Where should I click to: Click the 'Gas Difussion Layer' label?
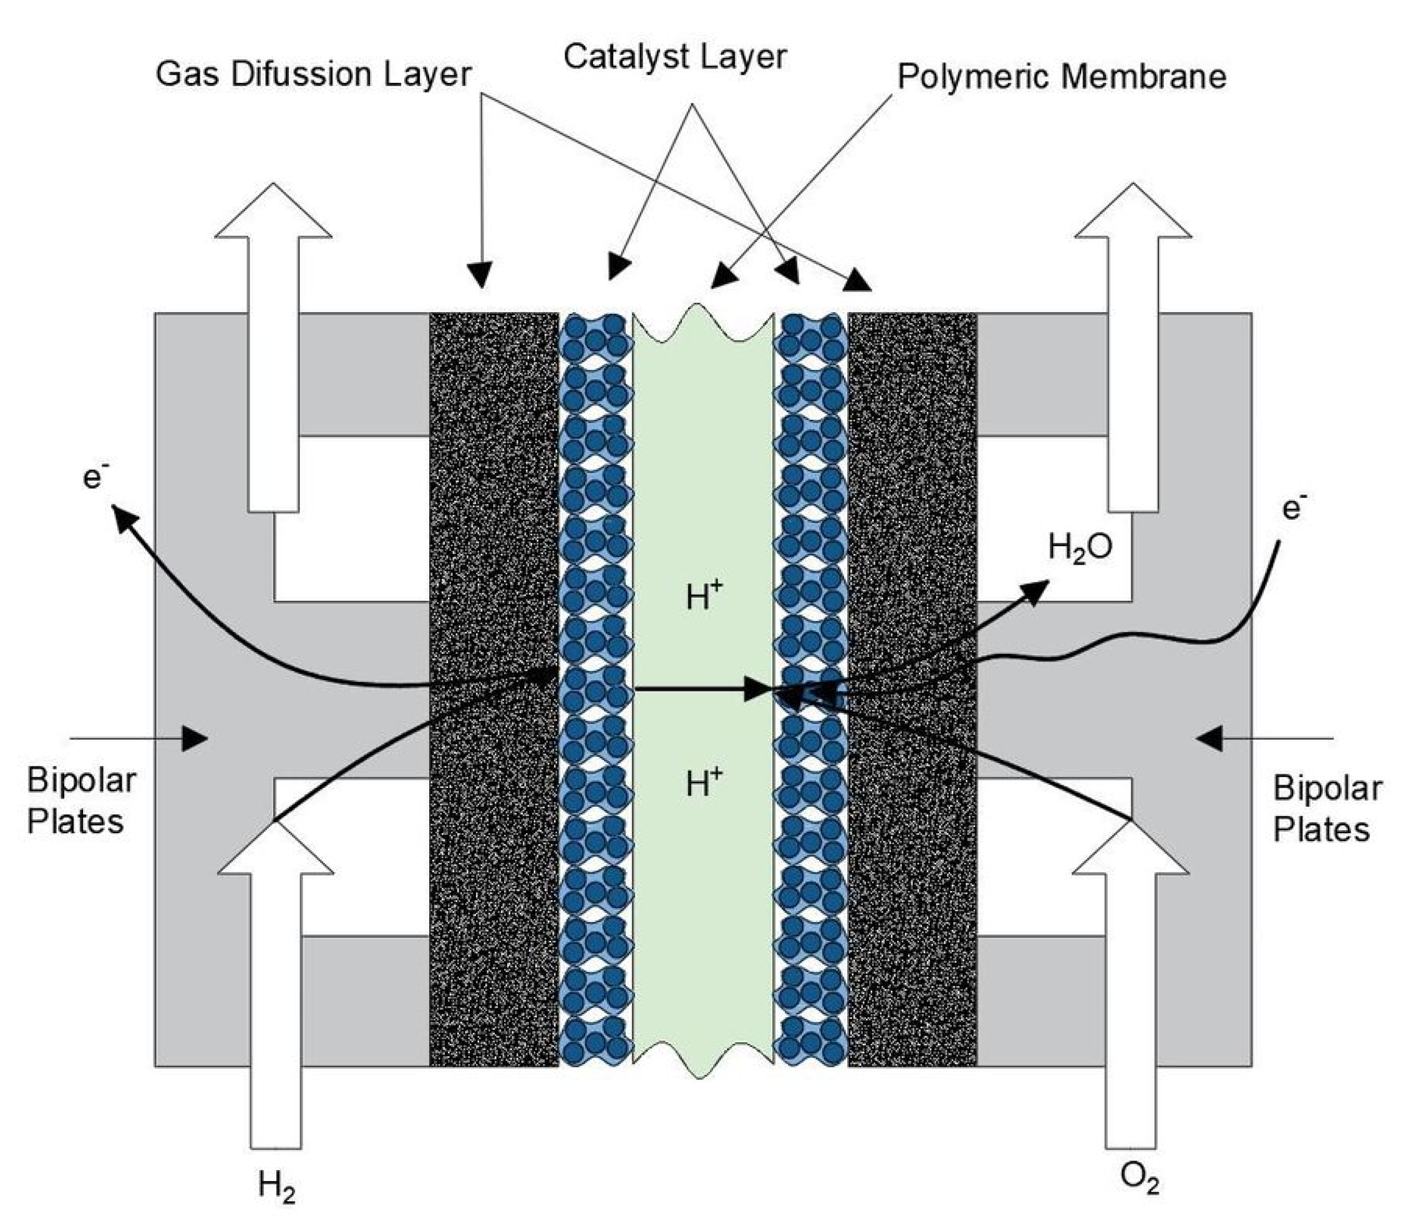click(x=313, y=74)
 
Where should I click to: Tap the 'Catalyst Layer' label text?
click(x=675, y=57)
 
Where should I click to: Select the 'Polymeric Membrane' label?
click(x=1062, y=76)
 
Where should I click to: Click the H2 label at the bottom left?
click(x=278, y=1185)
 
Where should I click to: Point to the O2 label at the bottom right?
click(x=1140, y=1179)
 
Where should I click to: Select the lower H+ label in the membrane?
click(x=704, y=781)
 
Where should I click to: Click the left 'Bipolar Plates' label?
click(x=81, y=801)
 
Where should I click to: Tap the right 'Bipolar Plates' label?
click(x=1327, y=808)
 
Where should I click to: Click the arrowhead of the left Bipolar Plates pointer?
click(x=196, y=739)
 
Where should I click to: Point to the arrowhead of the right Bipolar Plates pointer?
click(x=1209, y=739)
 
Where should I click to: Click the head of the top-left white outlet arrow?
click(x=274, y=210)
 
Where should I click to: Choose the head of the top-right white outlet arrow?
click(x=1133, y=210)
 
